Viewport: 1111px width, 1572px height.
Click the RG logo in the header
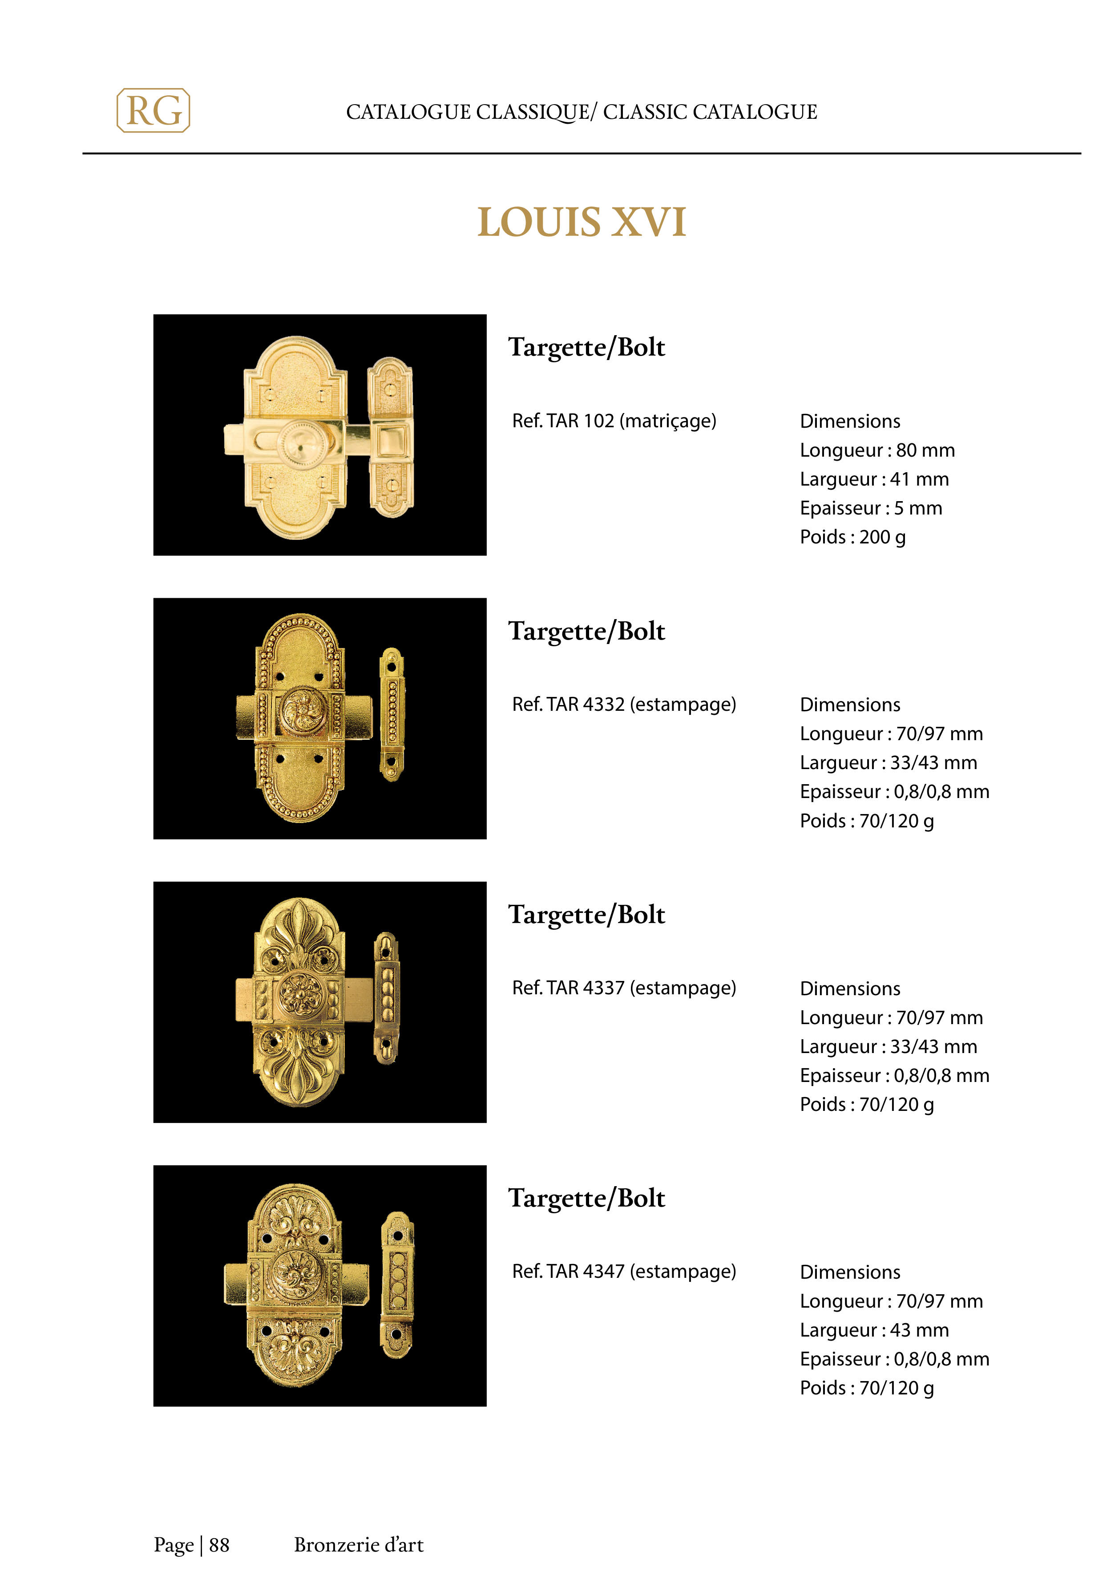pyautogui.click(x=154, y=110)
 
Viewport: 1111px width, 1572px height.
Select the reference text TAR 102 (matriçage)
pyautogui.click(x=614, y=421)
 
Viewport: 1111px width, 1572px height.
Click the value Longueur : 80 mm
pyautogui.click(x=877, y=450)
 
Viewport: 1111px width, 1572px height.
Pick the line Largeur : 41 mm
pyautogui.click(x=874, y=479)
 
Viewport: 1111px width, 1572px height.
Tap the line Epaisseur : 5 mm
pyautogui.click(x=871, y=508)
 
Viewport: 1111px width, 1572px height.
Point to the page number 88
pyautogui.click(x=219, y=1544)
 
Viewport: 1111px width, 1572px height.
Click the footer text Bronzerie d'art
pyautogui.click(x=359, y=1544)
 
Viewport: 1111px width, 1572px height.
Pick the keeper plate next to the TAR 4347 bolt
pyautogui.click(x=397, y=1284)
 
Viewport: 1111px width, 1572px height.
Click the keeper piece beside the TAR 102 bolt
pyautogui.click(x=391, y=437)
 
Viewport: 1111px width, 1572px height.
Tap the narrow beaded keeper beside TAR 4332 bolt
pyautogui.click(x=392, y=714)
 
